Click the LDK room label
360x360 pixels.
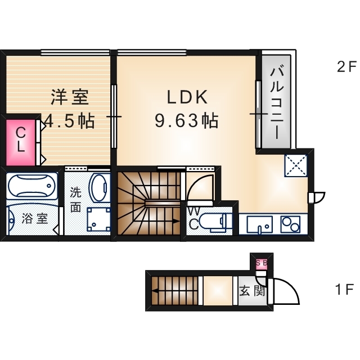pyautogui.click(x=187, y=97)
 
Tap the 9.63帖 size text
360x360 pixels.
pyautogui.click(x=187, y=120)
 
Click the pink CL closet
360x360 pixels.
pyautogui.click(x=20, y=140)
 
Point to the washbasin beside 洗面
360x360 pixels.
pyautogui.click(x=100, y=188)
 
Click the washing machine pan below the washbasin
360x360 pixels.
pyautogui.click(x=99, y=219)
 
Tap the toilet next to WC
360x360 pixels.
pyautogui.click(x=216, y=222)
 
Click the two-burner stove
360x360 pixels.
pyautogui.click(x=292, y=223)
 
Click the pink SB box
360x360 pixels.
pyautogui.click(x=262, y=262)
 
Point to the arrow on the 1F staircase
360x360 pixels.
pyautogui.click(x=155, y=291)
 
